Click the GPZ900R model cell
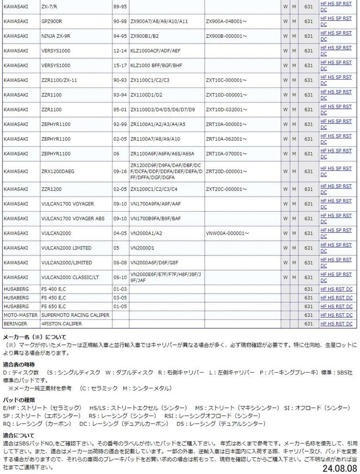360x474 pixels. (x=52, y=21)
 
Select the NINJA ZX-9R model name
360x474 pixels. (x=56, y=36)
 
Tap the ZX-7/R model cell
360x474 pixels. (x=50, y=6)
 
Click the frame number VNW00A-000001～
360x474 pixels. (x=227, y=233)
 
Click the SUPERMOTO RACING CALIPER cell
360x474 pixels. (x=76, y=315)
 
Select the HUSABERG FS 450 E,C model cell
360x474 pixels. (x=54, y=298)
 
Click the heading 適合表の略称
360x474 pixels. (x=22, y=365)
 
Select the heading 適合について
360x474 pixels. (x=19, y=436)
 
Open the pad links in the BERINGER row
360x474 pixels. (x=336, y=324)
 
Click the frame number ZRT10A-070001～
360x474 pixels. (x=227, y=154)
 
